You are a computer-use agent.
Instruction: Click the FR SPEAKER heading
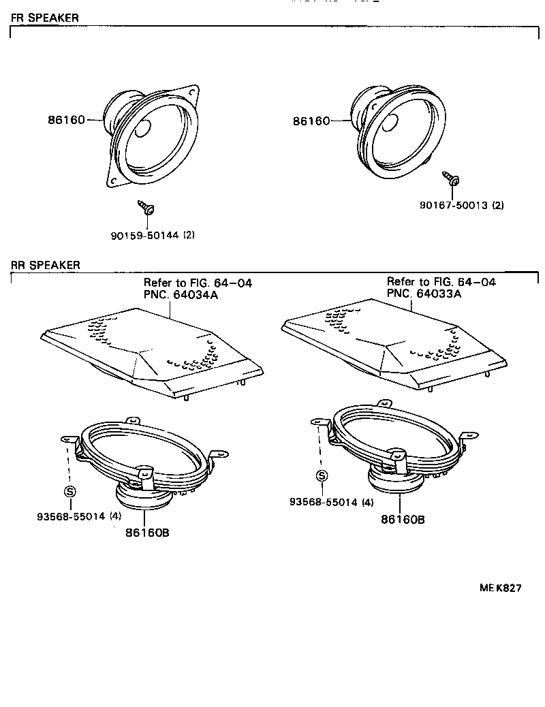pyautogui.click(x=44, y=18)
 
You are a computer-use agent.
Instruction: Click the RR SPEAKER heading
pyautogui.click(x=45, y=265)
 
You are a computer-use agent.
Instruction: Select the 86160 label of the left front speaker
pyautogui.click(x=66, y=120)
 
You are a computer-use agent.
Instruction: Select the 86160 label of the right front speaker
pyautogui.click(x=311, y=121)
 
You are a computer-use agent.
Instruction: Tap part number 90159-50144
pyautogui.click(x=145, y=235)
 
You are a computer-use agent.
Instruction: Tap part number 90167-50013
pyautogui.click(x=454, y=205)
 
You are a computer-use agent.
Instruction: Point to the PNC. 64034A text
pyautogui.click(x=181, y=295)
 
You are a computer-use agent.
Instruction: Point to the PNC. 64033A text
pyautogui.click(x=424, y=294)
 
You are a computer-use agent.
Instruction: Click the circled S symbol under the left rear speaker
pyautogui.click(x=70, y=492)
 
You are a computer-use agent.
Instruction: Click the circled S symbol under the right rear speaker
pyautogui.click(x=322, y=475)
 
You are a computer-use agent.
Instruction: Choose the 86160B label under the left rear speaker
pyautogui.click(x=148, y=533)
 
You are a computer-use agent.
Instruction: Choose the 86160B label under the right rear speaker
pyautogui.click(x=403, y=520)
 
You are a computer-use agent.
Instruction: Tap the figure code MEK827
pyautogui.click(x=500, y=588)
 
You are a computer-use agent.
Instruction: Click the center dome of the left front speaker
pyautogui.click(x=142, y=129)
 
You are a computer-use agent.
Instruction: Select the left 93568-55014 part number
pyautogui.click(x=71, y=516)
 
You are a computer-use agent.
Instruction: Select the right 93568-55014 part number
pyautogui.click(x=324, y=502)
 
